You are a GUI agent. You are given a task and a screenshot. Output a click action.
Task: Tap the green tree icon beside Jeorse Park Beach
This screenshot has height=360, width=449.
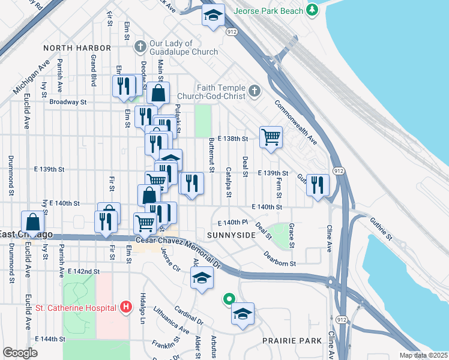coord(312,10)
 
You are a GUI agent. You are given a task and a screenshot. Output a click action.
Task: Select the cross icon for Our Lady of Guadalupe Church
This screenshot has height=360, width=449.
coord(140,47)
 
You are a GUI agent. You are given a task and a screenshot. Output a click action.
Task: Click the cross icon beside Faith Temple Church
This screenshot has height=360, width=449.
coord(255,91)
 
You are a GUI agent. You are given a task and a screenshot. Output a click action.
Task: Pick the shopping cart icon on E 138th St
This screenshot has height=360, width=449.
coord(271,137)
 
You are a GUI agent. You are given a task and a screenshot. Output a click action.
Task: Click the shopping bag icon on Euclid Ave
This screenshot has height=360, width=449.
coord(32,221)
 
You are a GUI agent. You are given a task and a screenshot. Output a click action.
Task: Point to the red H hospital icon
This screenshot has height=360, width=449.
coord(125,308)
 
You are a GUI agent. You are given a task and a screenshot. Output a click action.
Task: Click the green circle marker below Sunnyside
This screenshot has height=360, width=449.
coord(228,298)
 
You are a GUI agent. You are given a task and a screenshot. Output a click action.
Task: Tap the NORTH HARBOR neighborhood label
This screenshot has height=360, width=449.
coord(77,47)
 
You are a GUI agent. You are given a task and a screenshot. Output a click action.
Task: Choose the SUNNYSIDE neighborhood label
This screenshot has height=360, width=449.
coord(231,235)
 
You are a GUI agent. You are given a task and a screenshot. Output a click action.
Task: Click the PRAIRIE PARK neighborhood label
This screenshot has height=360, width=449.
coord(292,341)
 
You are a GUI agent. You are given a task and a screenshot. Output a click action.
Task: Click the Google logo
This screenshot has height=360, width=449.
coord(20,352)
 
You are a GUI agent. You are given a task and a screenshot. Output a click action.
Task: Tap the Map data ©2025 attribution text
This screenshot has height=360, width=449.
coord(423,355)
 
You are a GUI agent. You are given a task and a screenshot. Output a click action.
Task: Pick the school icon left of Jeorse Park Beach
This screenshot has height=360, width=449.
coord(212,16)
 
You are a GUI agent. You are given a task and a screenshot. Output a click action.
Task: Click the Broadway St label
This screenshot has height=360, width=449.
coord(68,102)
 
